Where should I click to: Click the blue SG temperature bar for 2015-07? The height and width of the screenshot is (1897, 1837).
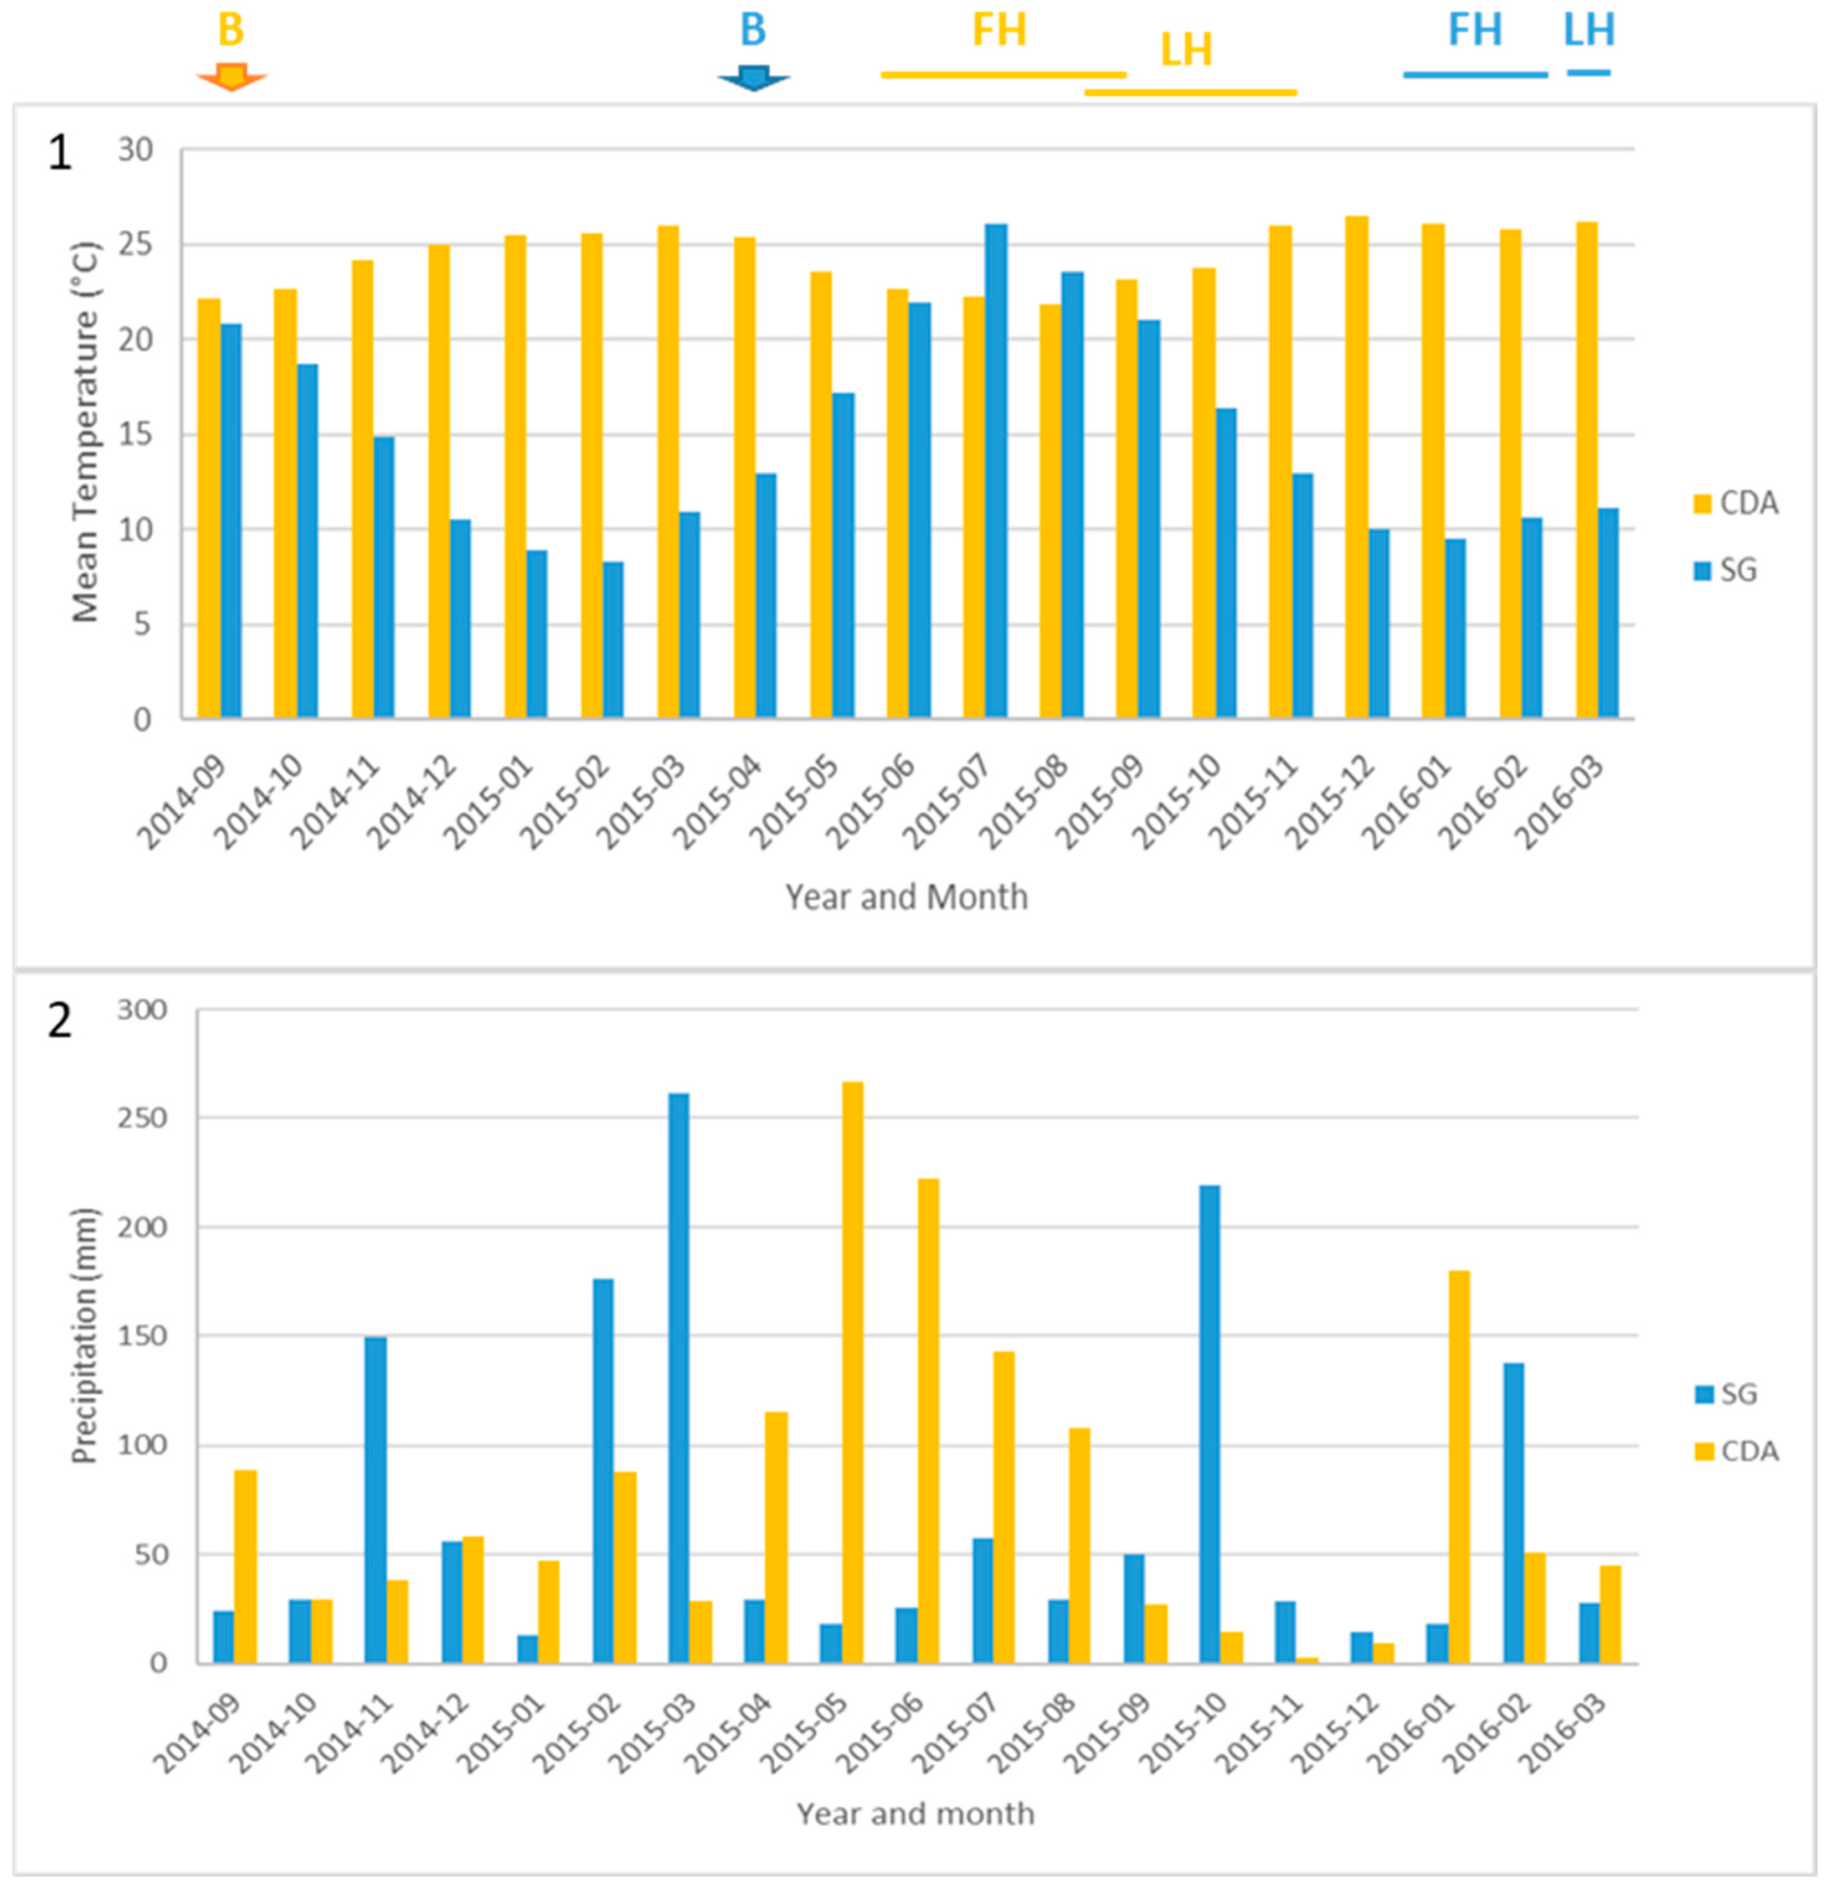click(x=996, y=471)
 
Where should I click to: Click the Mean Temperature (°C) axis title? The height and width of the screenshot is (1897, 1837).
click(x=85, y=432)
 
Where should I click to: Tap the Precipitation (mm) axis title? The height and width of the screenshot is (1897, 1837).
click(x=85, y=1336)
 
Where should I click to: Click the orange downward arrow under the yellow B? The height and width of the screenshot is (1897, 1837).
click(x=231, y=76)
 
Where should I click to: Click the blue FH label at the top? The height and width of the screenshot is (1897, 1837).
click(x=1475, y=30)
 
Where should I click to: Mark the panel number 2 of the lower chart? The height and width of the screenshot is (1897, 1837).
click(x=60, y=1021)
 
